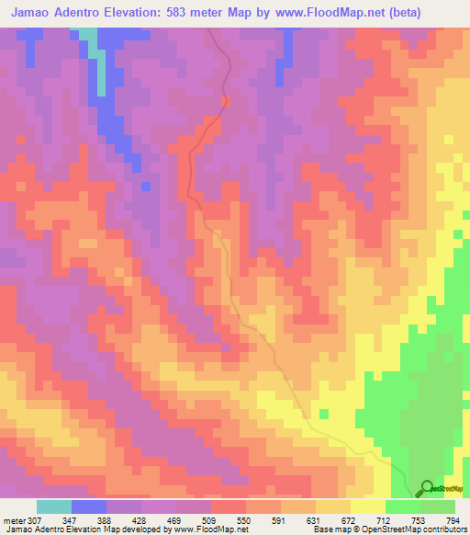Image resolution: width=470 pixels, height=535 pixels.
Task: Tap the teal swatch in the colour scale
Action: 54,507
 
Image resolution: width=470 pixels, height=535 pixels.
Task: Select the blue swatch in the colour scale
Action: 89,507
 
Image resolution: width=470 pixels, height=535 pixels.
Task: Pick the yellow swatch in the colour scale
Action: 368,507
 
